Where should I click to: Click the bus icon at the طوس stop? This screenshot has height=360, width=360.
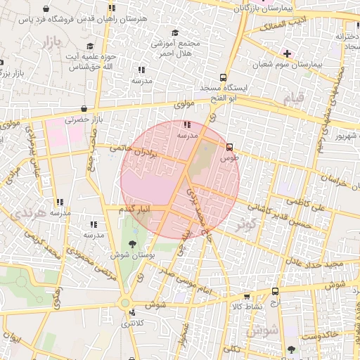coord(229,147)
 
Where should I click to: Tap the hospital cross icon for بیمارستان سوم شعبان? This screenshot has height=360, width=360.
coord(287,53)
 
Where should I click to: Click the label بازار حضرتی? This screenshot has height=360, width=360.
coord(84,120)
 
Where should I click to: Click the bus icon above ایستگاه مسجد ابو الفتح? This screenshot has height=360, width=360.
coord(223,77)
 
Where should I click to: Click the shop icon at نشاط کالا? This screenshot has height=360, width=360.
coord(274,291)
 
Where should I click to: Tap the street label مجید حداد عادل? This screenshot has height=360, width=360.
coord(322,263)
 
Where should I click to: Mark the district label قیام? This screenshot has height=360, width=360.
coord(293,96)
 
